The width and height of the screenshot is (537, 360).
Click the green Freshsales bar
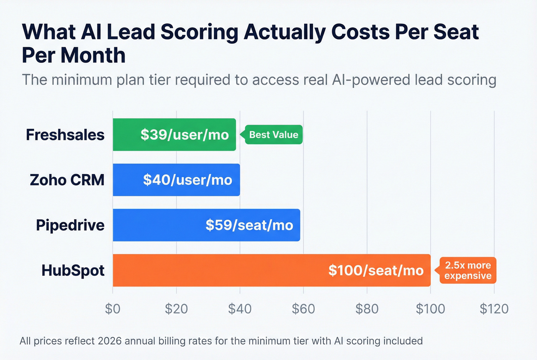pyautogui.click(x=127, y=135)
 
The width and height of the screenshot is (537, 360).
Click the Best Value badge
pyautogui.click(x=273, y=135)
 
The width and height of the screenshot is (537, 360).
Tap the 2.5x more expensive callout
pyautogui.click(x=468, y=270)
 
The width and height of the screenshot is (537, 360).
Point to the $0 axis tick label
pyautogui.click(x=113, y=309)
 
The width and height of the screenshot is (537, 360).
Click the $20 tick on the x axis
pyautogui.click(x=176, y=309)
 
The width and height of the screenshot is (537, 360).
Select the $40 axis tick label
pyautogui.click(x=240, y=309)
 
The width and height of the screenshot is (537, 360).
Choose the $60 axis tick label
pyautogui.click(x=303, y=309)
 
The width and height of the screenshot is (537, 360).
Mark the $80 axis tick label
pyautogui.click(x=367, y=309)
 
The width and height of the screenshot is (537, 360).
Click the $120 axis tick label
pyautogui.click(x=494, y=309)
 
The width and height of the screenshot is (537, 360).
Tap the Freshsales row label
pyautogui.click(x=65, y=135)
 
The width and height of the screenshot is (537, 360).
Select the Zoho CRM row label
pyautogui.click(x=67, y=180)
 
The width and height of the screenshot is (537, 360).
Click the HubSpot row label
pyautogui.click(x=73, y=271)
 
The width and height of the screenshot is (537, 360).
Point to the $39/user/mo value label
pyautogui.click(x=184, y=135)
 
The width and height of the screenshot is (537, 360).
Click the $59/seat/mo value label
pyautogui.click(x=249, y=225)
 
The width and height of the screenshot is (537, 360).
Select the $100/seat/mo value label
pyautogui.click(x=376, y=270)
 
